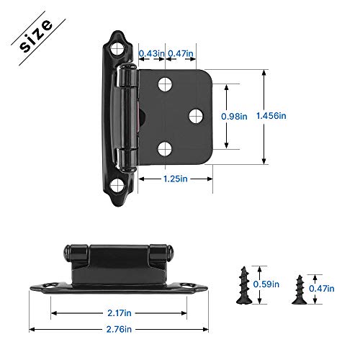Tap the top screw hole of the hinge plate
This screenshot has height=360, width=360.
(165, 83)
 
